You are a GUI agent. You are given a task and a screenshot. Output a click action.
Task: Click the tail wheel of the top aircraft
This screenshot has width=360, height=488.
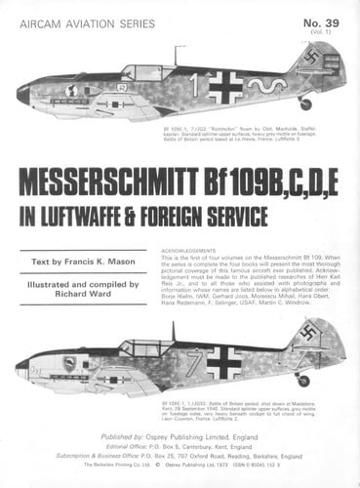pyautogui.click(x=305, y=103)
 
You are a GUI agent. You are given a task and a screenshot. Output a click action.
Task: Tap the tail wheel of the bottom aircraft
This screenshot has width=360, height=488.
pyautogui.click(x=303, y=380)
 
